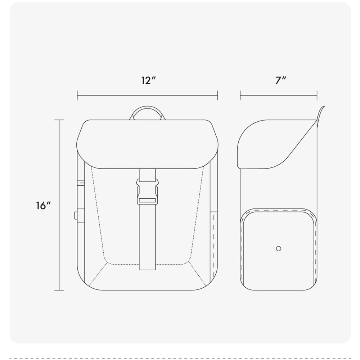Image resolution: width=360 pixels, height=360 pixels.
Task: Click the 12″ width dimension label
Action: click(x=148, y=80)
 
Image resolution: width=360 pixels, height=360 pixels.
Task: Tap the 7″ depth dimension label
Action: click(x=280, y=80)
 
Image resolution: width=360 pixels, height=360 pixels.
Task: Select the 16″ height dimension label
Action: click(x=43, y=206)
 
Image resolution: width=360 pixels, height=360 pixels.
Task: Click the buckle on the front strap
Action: click(x=147, y=192)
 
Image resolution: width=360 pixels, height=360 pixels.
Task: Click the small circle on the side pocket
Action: click(x=279, y=249)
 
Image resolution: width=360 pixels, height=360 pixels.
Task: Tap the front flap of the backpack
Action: click(x=147, y=144)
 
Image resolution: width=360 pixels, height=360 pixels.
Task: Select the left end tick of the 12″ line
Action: click(x=77, y=95)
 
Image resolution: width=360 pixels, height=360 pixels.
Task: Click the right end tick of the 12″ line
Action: click(x=217, y=95)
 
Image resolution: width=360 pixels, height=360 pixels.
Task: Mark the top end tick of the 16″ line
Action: click(x=59, y=120)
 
